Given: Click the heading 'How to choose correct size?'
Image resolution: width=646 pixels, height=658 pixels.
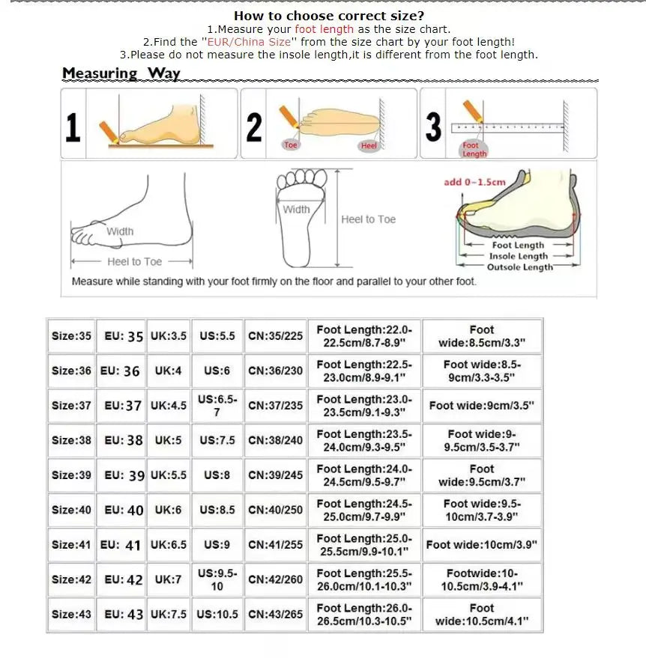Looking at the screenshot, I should (x=329, y=16).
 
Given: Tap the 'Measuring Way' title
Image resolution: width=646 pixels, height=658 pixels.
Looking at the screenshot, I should (x=121, y=73).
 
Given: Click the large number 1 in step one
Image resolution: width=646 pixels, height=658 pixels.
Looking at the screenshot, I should (x=73, y=127).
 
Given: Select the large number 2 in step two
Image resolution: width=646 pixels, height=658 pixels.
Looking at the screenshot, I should (x=254, y=127).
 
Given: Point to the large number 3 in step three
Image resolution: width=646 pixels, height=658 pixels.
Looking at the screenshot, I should (x=433, y=127).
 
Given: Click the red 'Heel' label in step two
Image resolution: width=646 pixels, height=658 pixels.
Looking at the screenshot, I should (x=369, y=146).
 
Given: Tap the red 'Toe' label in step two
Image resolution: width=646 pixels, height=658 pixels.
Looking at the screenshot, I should (x=291, y=145).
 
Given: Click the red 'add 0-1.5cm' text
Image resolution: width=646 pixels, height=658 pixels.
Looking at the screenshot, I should (x=474, y=182).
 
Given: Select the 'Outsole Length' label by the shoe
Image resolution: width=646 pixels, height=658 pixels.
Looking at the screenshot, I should (x=519, y=267).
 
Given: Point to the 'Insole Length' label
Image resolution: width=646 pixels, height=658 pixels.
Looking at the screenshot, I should (x=519, y=256).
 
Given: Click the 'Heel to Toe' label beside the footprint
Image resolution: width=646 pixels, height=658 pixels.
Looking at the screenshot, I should (x=368, y=219).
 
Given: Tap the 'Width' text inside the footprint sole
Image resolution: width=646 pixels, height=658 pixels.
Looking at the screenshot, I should (x=296, y=210).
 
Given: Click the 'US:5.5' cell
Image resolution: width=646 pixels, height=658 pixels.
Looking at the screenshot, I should (x=217, y=336).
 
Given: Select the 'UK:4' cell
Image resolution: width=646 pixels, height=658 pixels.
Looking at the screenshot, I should (x=168, y=371).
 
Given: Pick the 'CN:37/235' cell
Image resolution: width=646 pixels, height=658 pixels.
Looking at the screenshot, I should (x=275, y=406).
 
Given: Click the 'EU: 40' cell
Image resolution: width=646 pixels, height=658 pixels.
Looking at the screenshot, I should (x=124, y=510).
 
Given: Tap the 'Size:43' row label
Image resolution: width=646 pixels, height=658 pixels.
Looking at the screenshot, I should (x=71, y=614).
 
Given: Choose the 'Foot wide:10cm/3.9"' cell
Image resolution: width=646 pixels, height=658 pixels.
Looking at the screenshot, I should (x=481, y=544).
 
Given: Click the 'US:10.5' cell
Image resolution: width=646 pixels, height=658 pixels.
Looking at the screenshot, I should (x=217, y=614).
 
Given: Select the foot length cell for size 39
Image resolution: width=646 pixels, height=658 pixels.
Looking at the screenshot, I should (x=363, y=475).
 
